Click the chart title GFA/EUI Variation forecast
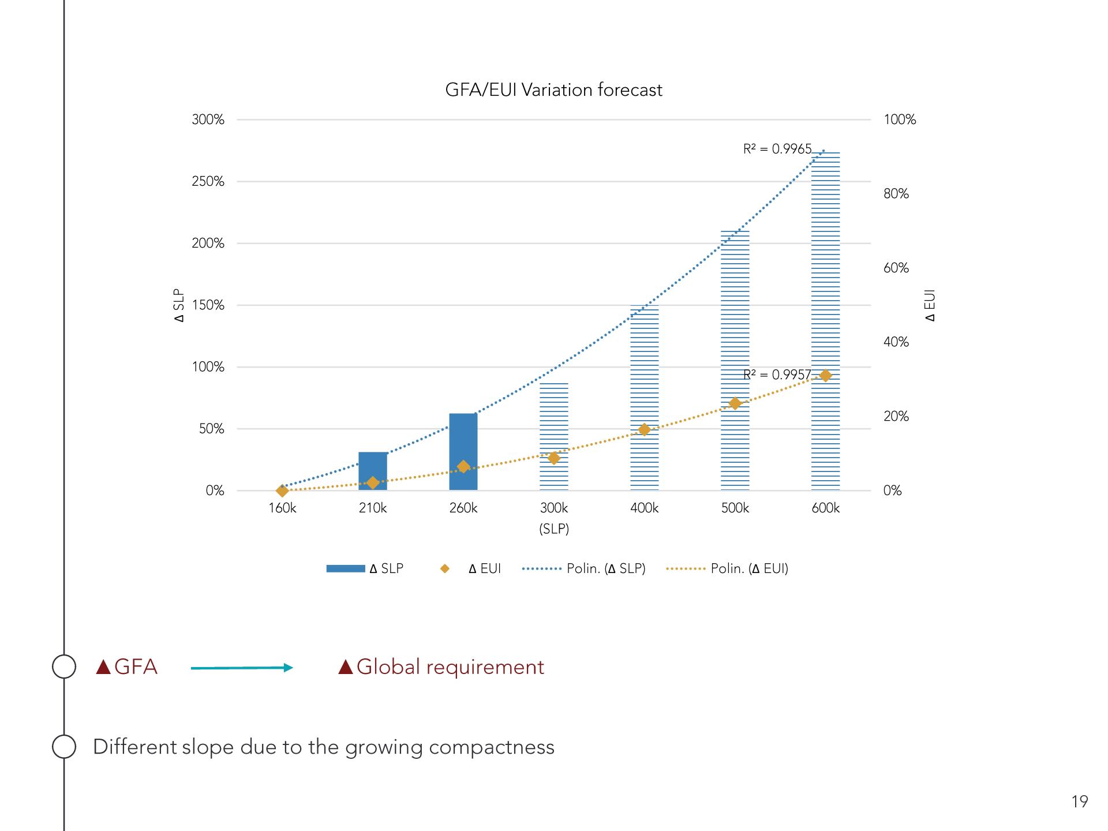[553, 90]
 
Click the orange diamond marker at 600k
[826, 376]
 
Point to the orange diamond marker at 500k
[735, 403]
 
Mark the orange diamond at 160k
[282, 491]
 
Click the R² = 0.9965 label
[777, 149]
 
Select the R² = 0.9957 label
[777, 375]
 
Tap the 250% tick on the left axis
[208, 182]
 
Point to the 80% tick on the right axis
[896, 194]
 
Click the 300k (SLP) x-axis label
[554, 518]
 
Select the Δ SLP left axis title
[179, 306]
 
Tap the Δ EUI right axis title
[930, 306]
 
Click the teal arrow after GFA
[242, 668]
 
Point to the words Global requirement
[450, 667]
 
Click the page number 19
[1079, 802]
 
